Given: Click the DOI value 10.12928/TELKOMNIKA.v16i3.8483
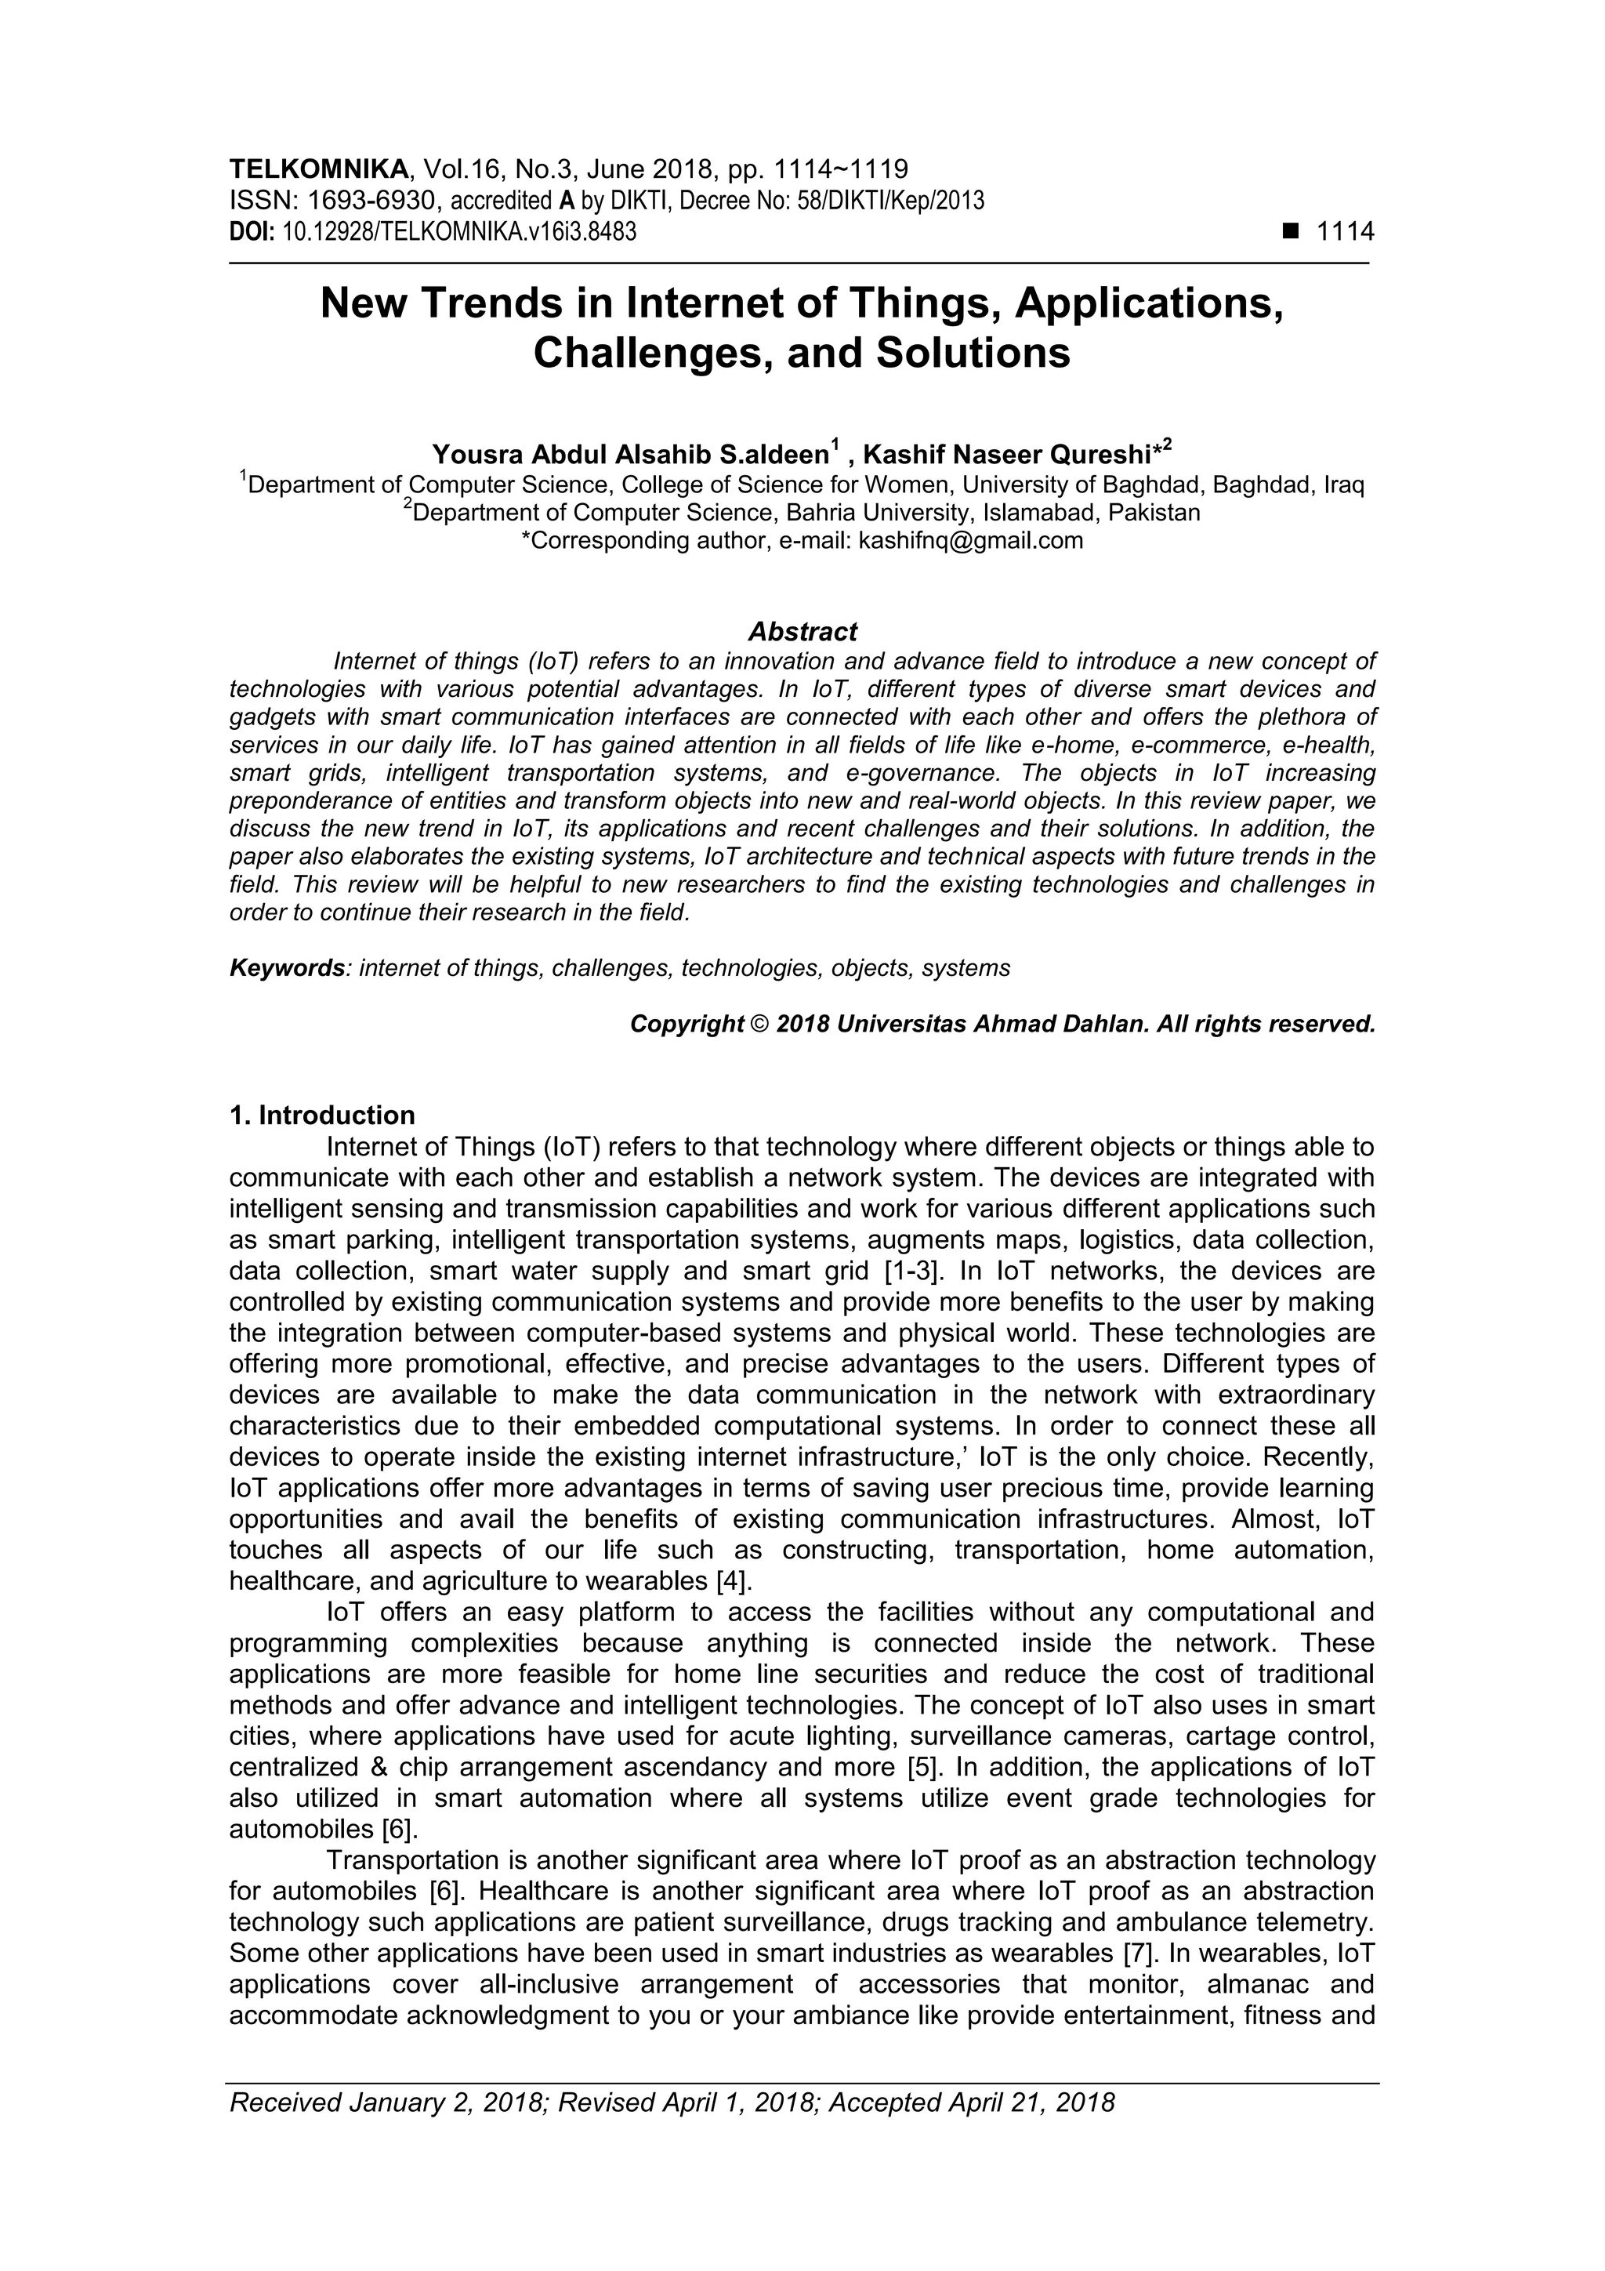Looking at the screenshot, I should pyautogui.click(x=459, y=233).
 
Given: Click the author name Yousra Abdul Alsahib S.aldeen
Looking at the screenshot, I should pyautogui.click(x=630, y=455).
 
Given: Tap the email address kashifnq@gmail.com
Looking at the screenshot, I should pyautogui.click(x=970, y=541).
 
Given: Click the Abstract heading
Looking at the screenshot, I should pyautogui.click(x=802, y=631).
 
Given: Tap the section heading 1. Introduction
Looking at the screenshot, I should pyautogui.click(x=321, y=1116).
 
